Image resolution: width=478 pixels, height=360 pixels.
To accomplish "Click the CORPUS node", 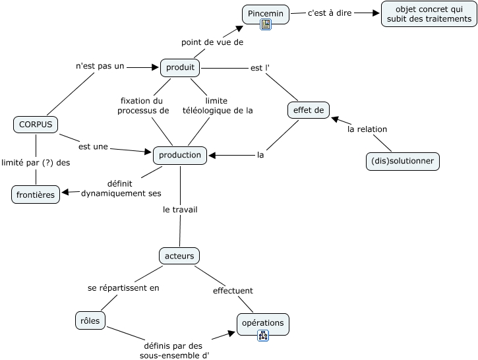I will coord(36,124).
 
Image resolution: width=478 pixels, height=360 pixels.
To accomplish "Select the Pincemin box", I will coord(266,13).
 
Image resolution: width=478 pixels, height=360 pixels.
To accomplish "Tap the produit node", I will coord(180,67).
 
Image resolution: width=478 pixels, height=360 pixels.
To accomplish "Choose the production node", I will coord(180,155).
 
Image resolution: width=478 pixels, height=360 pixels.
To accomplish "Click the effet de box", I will coord(309,110).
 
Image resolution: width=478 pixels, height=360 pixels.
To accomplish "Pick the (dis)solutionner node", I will coord(402,162).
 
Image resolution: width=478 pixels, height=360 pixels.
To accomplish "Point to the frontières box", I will coord(36,195).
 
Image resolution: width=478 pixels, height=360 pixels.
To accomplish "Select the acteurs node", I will coord(179,255).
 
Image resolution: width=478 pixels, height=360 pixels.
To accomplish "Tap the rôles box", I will coord(90,320).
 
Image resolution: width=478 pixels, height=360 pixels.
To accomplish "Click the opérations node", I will coord(262,323).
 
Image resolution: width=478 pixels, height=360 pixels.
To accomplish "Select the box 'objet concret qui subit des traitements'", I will coord(429,14).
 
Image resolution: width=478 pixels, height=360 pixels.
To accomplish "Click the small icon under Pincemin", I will coord(266,25).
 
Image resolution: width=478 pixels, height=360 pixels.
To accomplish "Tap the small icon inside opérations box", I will coord(263,336).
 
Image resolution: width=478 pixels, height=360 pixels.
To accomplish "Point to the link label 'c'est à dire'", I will coord(330,13).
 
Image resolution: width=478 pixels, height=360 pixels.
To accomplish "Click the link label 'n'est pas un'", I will coord(100,66).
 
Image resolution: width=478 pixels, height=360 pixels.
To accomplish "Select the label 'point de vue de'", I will coord(212,42).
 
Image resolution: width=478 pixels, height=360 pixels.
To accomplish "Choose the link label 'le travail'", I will coord(180,210).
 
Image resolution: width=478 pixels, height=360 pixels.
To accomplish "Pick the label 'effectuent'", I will coord(233,290).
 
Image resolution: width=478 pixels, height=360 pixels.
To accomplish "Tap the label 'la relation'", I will coord(367,129).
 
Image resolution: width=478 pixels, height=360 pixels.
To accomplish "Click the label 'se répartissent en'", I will coord(123,287).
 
